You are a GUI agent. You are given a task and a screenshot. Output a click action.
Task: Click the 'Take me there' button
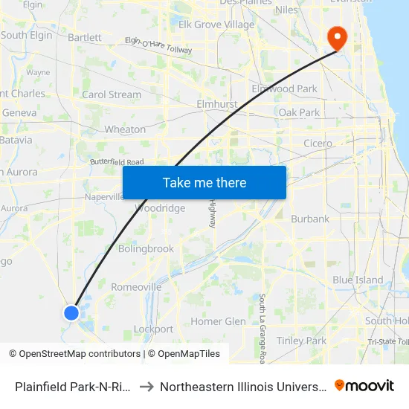click(204, 182)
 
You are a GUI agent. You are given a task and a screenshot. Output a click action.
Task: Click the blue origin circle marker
click(71, 313)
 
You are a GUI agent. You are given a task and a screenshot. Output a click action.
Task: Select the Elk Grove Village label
click(216, 25)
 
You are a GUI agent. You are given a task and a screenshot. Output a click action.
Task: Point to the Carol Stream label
click(112, 94)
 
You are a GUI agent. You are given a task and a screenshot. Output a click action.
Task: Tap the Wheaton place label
click(125, 129)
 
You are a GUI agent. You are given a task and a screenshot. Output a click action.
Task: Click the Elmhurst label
click(216, 104)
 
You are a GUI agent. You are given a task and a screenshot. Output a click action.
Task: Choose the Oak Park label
click(299, 112)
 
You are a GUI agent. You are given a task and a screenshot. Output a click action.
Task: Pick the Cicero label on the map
click(318, 144)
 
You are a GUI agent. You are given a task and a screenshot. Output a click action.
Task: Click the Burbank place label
click(310, 219)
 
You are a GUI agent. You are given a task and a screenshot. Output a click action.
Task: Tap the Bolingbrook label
click(146, 249)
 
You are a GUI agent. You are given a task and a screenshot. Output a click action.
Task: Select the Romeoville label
click(136, 287)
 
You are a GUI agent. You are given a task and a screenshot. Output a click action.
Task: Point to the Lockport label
click(153, 329)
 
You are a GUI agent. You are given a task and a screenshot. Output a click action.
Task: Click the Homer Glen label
click(218, 321)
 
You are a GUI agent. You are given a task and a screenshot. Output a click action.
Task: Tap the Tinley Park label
click(301, 341)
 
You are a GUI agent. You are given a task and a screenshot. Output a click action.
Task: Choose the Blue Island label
click(358, 280)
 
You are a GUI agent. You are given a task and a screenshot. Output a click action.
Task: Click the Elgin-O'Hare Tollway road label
click(158, 45)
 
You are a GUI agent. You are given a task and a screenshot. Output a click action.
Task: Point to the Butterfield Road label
click(117, 161)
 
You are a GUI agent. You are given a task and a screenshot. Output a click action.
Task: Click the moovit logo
click(364, 386)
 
